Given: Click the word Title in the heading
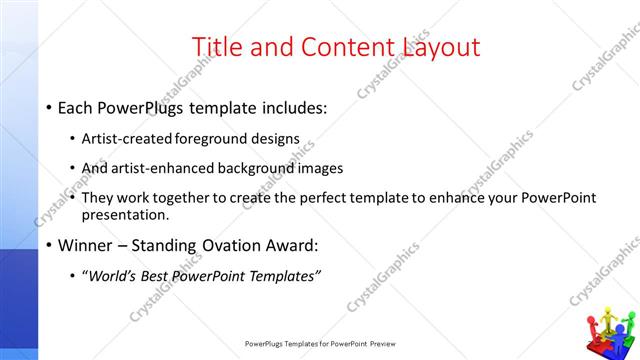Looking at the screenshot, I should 215,47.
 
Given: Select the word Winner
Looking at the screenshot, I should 85,244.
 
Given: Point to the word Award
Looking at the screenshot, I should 299,244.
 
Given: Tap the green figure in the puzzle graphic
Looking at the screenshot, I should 626,326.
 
